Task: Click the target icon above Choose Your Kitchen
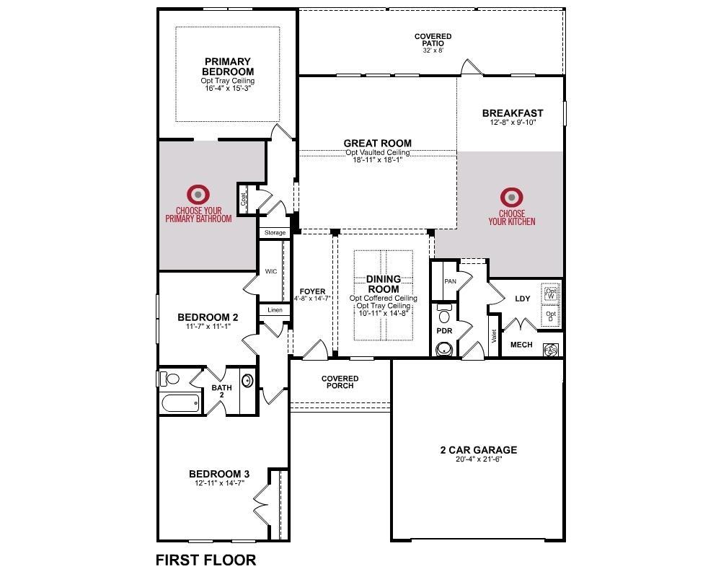tap(512, 198)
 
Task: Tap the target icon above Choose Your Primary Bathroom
tap(198, 195)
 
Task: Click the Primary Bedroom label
tap(228, 67)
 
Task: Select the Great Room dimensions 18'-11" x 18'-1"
tap(378, 159)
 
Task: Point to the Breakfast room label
tap(513, 113)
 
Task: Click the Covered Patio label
tap(433, 40)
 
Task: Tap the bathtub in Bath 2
tap(180, 403)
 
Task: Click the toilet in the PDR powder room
tap(444, 314)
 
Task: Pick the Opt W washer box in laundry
tap(551, 294)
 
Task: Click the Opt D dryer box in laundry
tap(551, 317)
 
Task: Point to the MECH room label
tap(521, 345)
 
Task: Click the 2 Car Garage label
tap(478, 450)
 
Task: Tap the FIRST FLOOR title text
tap(206, 560)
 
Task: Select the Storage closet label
tap(275, 233)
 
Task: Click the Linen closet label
tap(275, 310)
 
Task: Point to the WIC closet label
tap(271, 271)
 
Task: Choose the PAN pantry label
tap(450, 281)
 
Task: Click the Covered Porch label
tap(340, 382)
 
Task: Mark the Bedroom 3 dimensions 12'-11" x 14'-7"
tap(219, 483)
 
